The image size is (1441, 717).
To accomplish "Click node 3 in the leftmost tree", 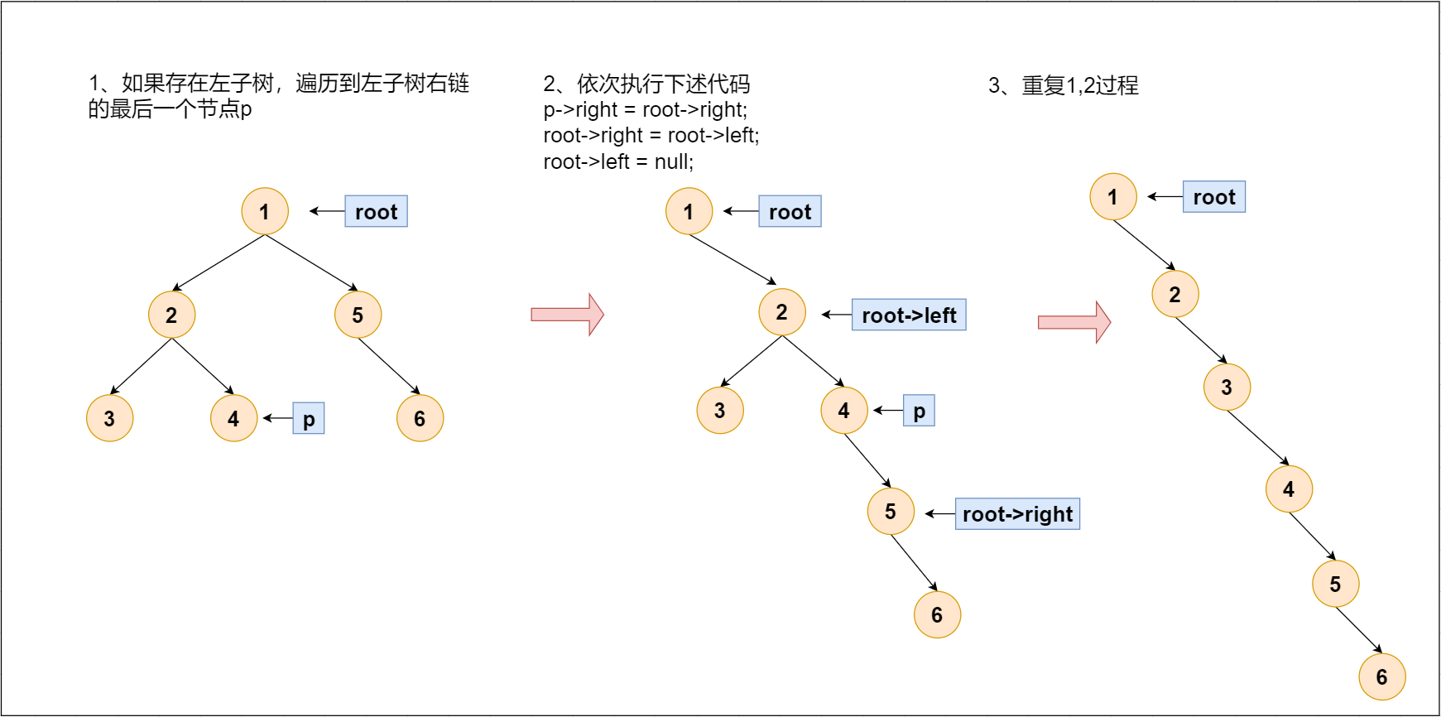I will [x=109, y=418].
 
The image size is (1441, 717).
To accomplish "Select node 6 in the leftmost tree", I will [x=420, y=418].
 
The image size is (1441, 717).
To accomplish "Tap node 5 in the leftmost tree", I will [x=358, y=315].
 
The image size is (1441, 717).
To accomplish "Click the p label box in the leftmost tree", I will [x=309, y=418].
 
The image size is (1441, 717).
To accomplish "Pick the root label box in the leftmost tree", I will [x=376, y=211].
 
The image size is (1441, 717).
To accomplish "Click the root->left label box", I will [x=909, y=315].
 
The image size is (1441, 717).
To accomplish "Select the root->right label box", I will [x=1017, y=513].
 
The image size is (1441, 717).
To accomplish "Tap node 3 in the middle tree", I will [x=720, y=410].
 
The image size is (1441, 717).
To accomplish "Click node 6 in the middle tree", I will [x=937, y=614].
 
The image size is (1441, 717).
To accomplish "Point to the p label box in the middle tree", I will [x=919, y=411].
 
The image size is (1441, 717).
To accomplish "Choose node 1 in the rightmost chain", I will [x=1113, y=196].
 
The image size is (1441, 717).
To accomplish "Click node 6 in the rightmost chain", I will [x=1382, y=676].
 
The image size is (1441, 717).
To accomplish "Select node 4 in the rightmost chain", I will [x=1289, y=488].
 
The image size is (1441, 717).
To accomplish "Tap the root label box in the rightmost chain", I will [x=1214, y=197].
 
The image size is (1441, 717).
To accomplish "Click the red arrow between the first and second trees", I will [x=567, y=315].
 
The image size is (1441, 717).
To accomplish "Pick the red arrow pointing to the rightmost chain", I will [x=1074, y=322].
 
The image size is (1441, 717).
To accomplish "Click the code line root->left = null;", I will [x=618, y=161].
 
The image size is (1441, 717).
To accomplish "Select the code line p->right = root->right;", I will [x=645, y=110].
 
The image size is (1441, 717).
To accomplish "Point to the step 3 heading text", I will [x=1064, y=85].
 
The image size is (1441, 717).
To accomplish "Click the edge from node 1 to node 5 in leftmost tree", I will [x=311, y=262].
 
